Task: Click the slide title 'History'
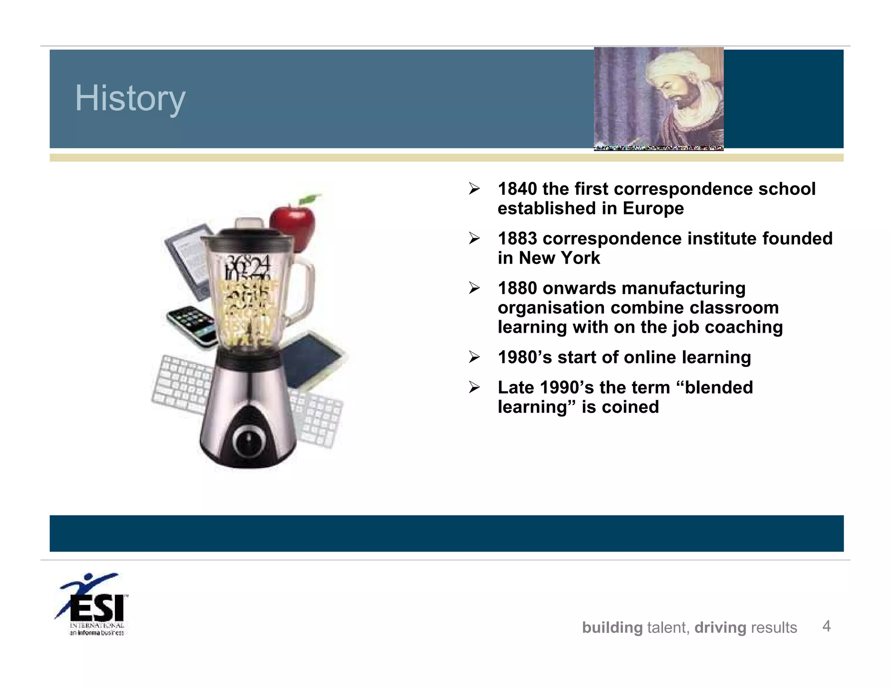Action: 130,99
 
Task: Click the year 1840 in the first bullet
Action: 517,189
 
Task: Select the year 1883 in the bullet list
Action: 517,238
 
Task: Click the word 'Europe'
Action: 653,208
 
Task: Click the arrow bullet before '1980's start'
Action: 474,357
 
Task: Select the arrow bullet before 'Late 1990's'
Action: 474,387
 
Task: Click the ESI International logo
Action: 92,605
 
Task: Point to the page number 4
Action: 826,626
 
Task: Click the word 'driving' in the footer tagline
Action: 720,628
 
